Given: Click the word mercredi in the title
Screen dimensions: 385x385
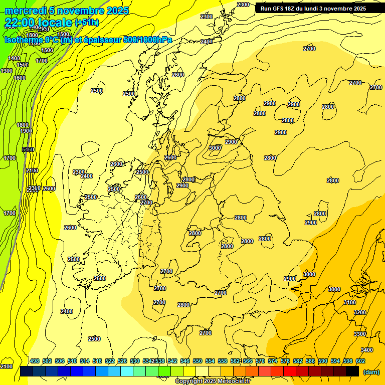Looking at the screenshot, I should pos(26,11).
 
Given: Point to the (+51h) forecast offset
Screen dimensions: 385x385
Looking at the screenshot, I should pos(87,23).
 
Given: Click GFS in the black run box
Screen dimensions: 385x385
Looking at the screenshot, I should pos(279,9).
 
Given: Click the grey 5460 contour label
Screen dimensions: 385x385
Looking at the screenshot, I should pos(29,149).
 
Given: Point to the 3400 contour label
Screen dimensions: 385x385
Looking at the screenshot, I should pos(366,350).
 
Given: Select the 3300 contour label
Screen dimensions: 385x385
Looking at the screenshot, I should pos(359,334).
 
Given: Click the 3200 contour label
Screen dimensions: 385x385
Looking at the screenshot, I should pos(359,312).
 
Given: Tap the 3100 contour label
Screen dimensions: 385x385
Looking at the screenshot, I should pos(349,302).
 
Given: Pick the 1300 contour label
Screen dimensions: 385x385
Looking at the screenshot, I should pos(7,71).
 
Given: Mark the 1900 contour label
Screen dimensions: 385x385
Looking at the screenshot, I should pos(26,131).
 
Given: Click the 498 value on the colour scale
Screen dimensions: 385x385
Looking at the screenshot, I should pos(35,361).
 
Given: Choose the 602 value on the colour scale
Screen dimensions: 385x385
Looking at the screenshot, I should pos(360,361).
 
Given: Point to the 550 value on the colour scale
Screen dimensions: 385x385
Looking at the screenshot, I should pos(197,361).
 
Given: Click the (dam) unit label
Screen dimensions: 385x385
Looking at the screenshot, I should pos(371,371).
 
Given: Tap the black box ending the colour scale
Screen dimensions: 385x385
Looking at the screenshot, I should pos(352,371).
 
